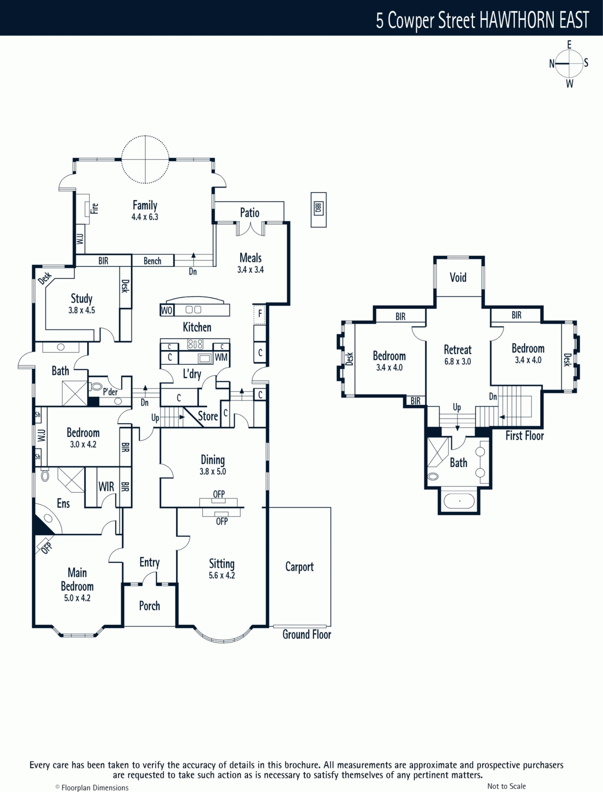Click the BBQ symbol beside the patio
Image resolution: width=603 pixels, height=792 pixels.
(319, 210)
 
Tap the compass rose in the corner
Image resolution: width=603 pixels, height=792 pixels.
(569, 64)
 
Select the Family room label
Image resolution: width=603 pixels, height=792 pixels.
(145, 205)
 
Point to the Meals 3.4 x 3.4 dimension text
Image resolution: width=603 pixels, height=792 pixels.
(251, 270)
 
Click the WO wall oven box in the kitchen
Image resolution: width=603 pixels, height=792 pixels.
(167, 310)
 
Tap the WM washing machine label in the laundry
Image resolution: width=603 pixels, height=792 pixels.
(221, 357)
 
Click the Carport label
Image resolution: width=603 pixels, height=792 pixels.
(299, 567)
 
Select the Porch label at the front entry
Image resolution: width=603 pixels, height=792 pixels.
(150, 606)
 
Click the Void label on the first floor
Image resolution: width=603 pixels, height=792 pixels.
(458, 278)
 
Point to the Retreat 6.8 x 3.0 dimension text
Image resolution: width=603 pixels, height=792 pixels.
(457, 361)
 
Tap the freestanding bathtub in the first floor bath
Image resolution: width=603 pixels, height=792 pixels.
(459, 501)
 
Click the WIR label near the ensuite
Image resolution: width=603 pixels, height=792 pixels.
(106, 487)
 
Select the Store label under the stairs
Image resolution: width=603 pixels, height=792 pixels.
(208, 416)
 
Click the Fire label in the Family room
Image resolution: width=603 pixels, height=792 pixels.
(94, 208)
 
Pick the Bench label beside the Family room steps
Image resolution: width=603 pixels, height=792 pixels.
(153, 261)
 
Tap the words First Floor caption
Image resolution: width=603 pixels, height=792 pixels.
(524, 436)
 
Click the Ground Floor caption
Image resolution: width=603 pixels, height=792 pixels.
(307, 635)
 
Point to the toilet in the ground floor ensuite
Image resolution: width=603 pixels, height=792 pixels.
(45, 475)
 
